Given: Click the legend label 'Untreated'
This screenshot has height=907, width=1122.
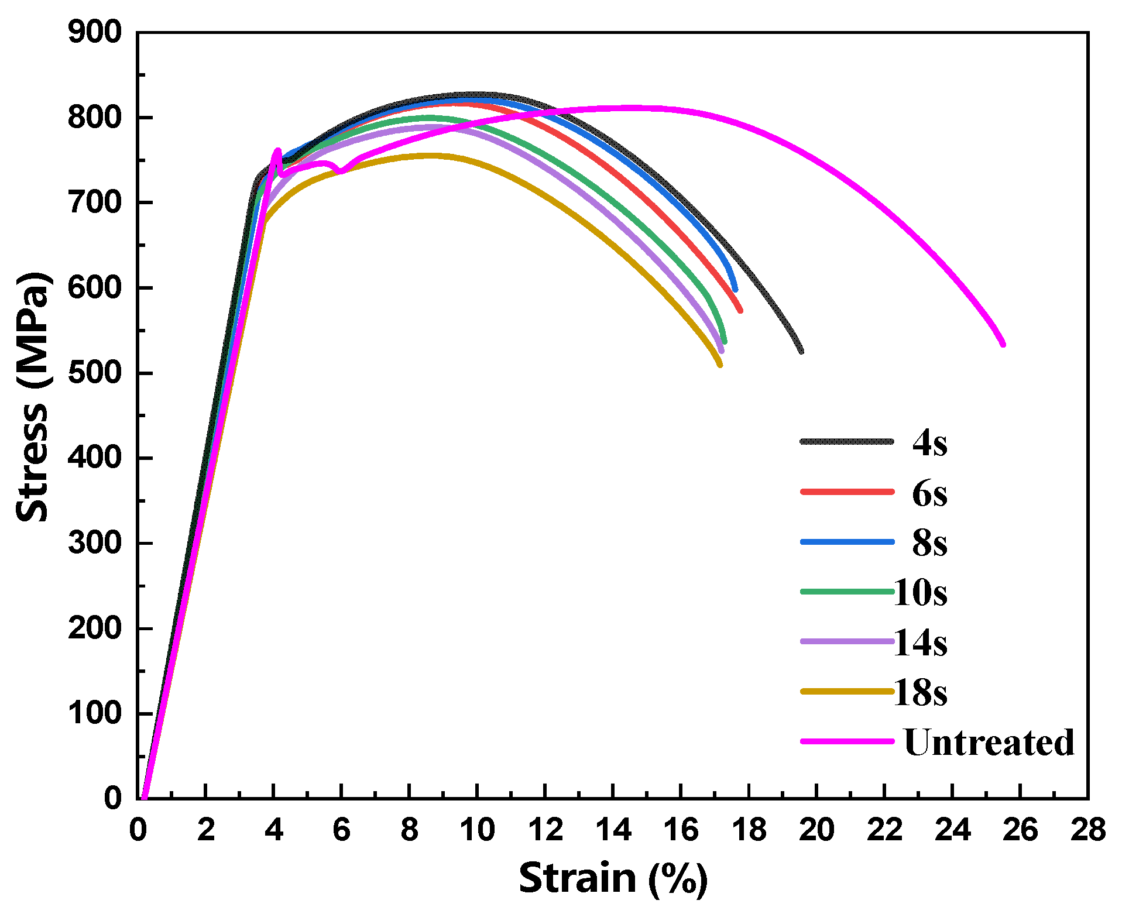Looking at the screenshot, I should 989,742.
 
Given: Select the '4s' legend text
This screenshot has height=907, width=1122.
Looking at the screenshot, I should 929,442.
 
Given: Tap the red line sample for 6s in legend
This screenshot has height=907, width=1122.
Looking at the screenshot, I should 847,492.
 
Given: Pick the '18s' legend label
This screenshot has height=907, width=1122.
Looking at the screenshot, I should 920,692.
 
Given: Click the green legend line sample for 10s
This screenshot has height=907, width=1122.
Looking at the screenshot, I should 847,592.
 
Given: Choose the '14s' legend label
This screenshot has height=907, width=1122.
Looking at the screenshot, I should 920,643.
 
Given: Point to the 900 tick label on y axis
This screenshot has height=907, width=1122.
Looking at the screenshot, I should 95,32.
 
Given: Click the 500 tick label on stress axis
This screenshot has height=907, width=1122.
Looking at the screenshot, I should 95,373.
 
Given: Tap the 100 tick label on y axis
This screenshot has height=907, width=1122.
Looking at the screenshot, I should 95,713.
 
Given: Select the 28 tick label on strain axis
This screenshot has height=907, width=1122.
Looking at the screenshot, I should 1087,830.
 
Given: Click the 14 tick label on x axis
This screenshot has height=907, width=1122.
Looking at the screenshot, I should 613,830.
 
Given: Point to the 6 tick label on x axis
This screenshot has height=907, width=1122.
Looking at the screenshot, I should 341,830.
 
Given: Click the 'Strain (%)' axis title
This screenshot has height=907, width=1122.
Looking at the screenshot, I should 613,878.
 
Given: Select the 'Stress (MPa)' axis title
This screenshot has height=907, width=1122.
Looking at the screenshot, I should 32,398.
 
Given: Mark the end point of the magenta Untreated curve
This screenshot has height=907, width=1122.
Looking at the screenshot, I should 1003,344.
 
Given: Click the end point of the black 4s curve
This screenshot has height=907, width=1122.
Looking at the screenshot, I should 801,351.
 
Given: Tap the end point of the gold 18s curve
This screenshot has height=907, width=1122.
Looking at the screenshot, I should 720,365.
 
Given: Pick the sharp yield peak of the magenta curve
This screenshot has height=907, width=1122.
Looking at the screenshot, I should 277,150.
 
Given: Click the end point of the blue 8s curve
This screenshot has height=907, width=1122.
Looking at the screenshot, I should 735,289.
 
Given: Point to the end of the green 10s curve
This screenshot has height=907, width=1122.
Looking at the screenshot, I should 725,341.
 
